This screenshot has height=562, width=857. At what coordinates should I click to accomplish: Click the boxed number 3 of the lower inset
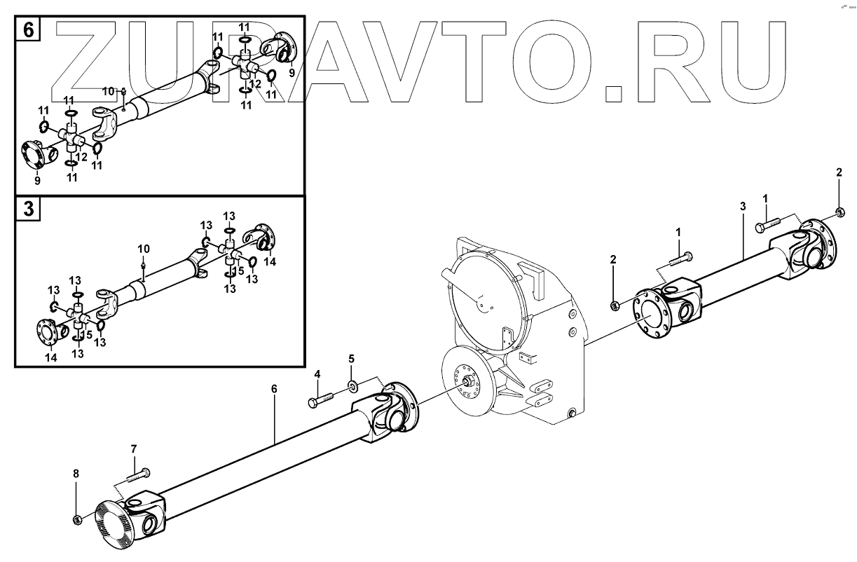(x=28, y=210)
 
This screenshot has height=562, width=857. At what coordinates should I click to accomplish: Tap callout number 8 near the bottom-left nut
(x=76, y=474)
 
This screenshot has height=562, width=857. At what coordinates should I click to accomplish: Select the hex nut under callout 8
(x=77, y=519)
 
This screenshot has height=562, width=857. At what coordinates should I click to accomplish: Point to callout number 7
(x=133, y=448)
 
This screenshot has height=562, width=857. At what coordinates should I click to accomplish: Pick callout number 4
(x=317, y=375)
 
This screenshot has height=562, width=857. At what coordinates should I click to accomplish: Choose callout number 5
(x=352, y=359)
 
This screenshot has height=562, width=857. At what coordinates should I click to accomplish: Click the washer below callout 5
(x=352, y=385)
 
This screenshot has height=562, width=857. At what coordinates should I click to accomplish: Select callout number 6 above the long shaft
(x=274, y=387)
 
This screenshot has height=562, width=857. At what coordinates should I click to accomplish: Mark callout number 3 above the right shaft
(x=742, y=206)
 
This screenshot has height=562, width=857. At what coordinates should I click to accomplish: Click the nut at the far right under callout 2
(x=839, y=212)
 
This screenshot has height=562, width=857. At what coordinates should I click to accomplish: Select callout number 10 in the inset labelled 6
(x=107, y=91)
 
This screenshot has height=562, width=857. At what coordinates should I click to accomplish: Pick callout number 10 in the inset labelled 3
(x=143, y=249)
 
